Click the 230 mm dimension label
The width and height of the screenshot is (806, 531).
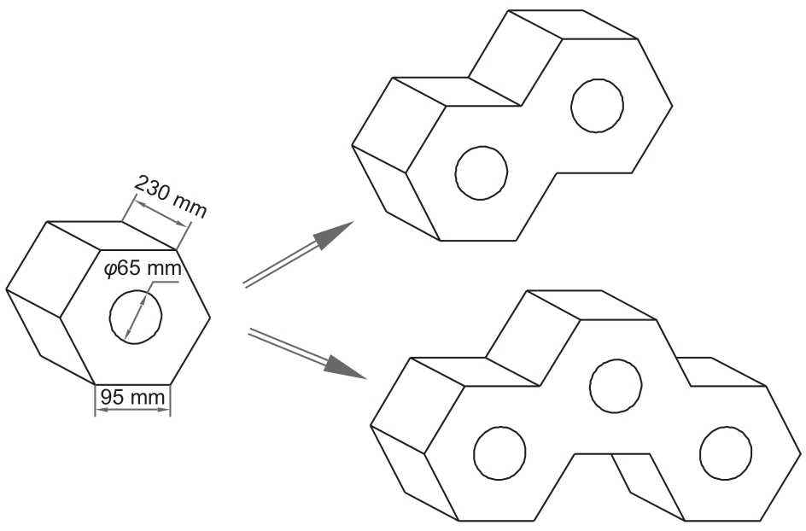[171, 197]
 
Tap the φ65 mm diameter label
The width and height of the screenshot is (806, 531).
[143, 269]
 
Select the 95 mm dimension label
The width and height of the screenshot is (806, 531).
[133, 397]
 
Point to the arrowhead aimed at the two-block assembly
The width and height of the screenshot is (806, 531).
[333, 236]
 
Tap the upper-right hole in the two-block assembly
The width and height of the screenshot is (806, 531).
[597, 105]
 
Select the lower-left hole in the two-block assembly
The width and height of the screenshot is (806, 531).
[482, 172]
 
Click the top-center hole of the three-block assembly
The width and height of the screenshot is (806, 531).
[616, 386]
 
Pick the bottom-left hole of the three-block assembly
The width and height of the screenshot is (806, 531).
[499, 453]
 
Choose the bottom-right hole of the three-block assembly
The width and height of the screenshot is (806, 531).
[725, 453]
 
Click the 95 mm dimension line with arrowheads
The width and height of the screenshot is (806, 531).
[133, 410]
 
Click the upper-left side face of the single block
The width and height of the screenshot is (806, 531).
[54, 270]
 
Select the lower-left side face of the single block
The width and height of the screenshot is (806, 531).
[51, 336]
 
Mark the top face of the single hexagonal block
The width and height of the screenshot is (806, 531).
[112, 236]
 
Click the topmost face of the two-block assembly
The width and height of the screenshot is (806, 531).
[573, 24]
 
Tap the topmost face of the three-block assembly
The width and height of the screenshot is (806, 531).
[592, 306]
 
